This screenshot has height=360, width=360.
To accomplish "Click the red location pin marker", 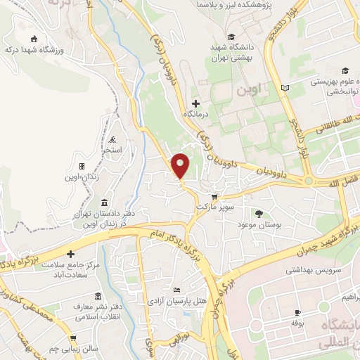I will (x=181, y=167).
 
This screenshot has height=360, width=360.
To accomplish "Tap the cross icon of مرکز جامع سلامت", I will (x=70, y=253).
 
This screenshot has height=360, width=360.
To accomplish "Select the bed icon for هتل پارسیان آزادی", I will (x=176, y=290).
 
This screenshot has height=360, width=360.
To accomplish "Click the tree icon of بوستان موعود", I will (x=259, y=213).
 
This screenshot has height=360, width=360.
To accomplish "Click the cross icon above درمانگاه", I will (x=195, y=103).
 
